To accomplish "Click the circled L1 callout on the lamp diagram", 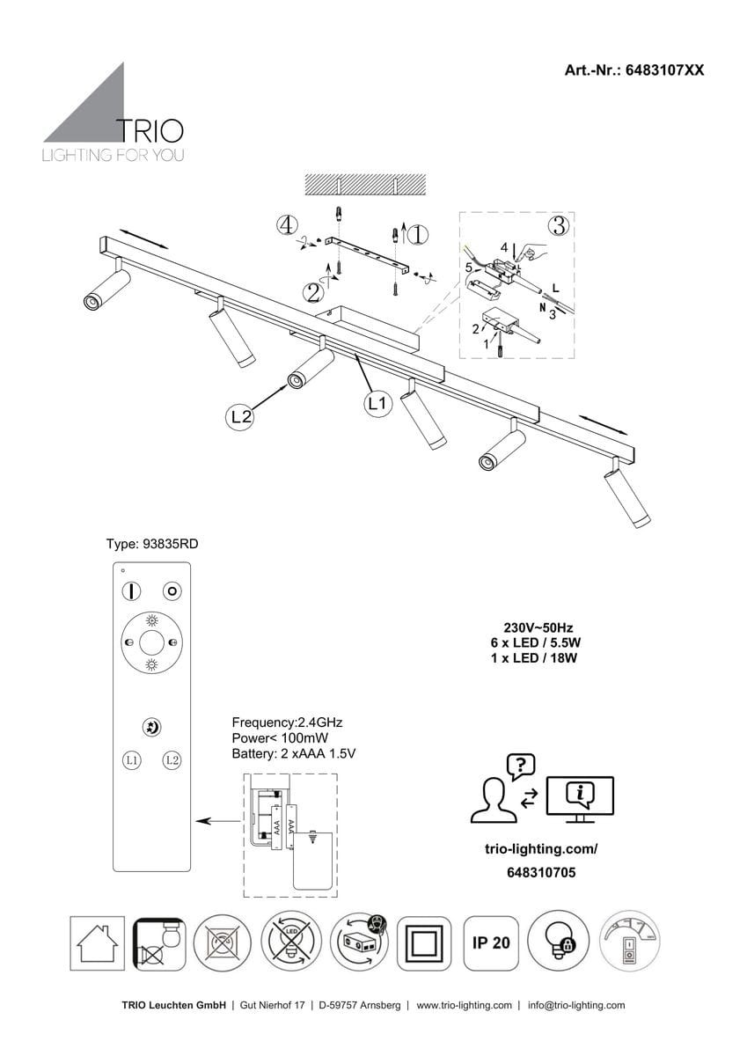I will click(377, 404).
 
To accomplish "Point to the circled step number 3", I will click(557, 225).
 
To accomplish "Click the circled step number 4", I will click(286, 225).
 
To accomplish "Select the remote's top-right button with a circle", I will click(172, 591).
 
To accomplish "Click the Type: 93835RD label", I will click(152, 545).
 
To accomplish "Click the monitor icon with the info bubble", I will click(580, 797).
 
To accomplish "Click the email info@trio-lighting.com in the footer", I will click(576, 1005).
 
